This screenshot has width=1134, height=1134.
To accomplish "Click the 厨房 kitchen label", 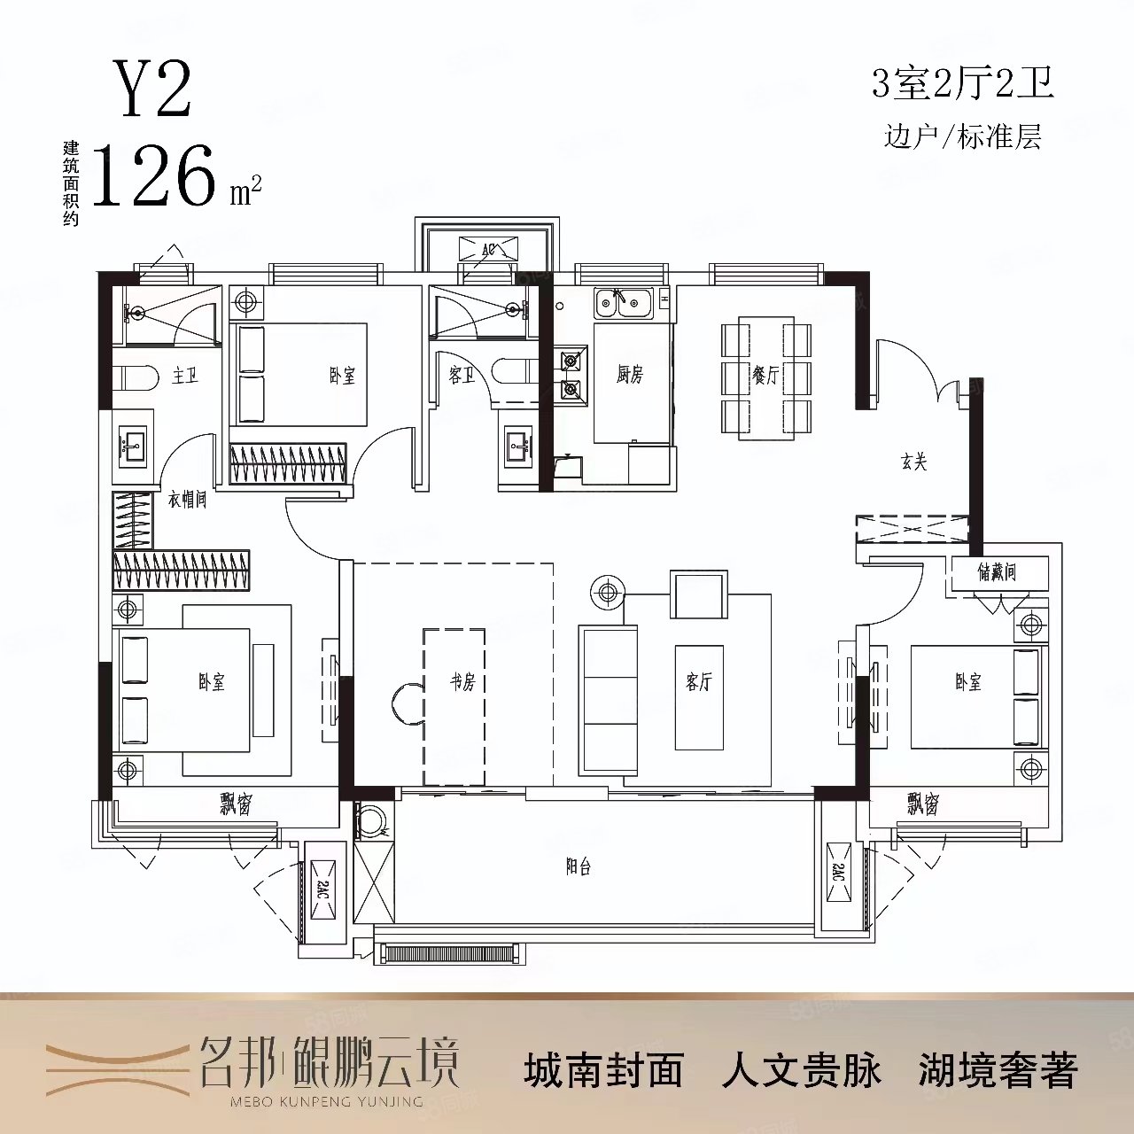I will [x=629, y=375].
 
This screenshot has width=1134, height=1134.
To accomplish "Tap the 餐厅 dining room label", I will [x=765, y=376].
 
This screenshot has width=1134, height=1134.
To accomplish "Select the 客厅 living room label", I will [x=699, y=681].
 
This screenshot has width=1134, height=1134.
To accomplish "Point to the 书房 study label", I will [x=462, y=682].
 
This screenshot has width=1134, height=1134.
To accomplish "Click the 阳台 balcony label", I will [x=578, y=866].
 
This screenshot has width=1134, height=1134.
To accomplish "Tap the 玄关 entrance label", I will [x=913, y=462].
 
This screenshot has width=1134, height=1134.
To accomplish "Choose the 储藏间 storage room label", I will [x=997, y=572].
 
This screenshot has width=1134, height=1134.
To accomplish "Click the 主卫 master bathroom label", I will [x=185, y=376].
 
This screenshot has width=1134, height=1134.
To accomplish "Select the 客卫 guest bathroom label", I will [x=461, y=376].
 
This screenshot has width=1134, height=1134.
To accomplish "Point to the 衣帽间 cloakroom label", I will [x=187, y=500].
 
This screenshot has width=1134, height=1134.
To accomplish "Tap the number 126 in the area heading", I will [x=155, y=175].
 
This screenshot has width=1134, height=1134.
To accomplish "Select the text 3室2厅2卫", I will [x=962, y=85].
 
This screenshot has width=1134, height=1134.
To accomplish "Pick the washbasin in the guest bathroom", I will [x=517, y=447].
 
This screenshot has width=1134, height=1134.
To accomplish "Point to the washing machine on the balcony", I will [x=372, y=823].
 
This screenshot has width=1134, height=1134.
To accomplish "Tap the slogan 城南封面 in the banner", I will [x=604, y=1069].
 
